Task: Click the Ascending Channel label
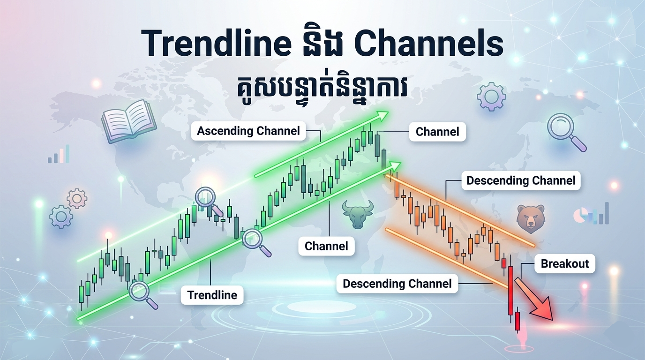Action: (248, 131)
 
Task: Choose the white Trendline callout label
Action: (212, 295)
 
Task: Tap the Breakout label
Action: (564, 263)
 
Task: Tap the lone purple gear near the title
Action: (492, 96)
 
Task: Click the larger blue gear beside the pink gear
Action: (61, 217)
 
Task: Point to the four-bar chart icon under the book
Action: (59, 155)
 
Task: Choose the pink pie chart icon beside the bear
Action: (581, 216)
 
